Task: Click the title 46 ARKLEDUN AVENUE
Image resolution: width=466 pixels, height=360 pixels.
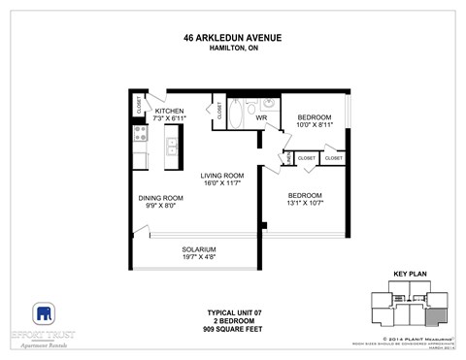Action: (x=232, y=38)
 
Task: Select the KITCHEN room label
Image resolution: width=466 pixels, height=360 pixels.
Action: (x=169, y=112)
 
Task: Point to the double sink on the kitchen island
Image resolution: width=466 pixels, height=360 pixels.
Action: (x=172, y=147)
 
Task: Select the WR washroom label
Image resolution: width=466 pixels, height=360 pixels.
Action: (x=261, y=118)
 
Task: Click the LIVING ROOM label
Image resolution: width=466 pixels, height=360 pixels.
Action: (x=221, y=175)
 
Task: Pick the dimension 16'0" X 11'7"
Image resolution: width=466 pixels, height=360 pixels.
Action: (x=221, y=183)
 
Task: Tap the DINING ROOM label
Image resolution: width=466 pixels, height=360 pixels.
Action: (x=160, y=197)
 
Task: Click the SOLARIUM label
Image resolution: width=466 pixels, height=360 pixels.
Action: (x=198, y=249)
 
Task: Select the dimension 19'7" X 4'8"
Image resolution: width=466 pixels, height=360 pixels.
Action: (x=198, y=258)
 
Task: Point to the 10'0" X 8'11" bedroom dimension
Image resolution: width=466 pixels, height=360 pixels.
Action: (x=314, y=124)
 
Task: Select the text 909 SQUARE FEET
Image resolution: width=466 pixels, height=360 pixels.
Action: (x=232, y=332)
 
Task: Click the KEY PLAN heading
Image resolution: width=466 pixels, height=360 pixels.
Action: (x=411, y=275)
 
